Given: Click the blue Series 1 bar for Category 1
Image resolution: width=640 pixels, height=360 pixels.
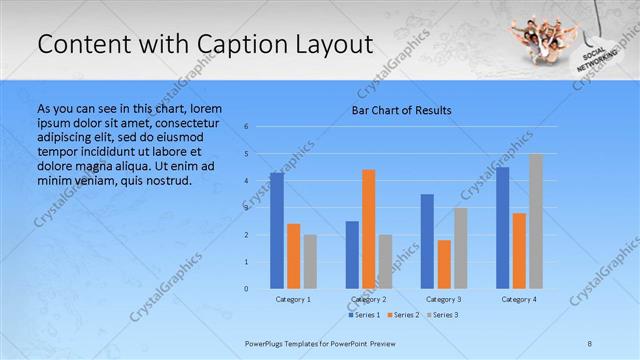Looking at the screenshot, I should pos(277,230).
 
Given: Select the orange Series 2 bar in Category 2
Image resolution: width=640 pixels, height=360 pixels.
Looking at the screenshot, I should pos(369,229).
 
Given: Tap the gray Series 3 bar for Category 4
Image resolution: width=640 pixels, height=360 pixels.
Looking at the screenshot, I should pos(536,221).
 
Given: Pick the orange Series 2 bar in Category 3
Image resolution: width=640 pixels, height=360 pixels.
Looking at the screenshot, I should pos(444,264).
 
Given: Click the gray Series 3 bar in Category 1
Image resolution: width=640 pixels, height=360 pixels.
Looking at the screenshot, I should pos(310,261).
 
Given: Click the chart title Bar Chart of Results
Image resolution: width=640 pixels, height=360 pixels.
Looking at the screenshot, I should pos(401,110).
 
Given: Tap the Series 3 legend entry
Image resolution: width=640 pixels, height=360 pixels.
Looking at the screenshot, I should pos(443,315).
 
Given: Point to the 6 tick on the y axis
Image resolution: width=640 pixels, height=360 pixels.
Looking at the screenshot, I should pos(246,127).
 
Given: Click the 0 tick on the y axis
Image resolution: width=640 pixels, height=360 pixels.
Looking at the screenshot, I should pos(246,289).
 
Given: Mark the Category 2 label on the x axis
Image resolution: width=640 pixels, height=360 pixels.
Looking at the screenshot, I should pos(368,299).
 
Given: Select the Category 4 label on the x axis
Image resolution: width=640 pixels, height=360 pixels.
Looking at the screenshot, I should pos(518,299).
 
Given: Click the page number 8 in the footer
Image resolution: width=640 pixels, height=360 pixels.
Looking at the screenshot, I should pos(590,344).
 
